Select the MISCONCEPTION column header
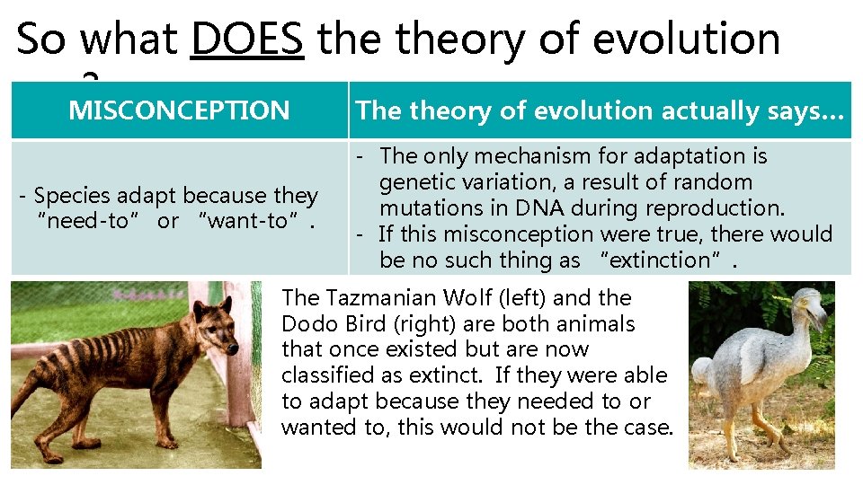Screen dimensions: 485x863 179,110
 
